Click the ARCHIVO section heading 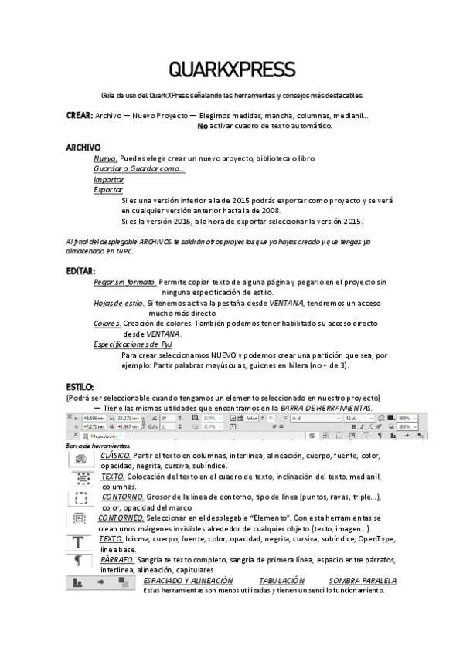pyautogui.click(x=83, y=147)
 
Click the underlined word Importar pyautogui.click(x=109, y=178)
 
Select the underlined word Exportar pyautogui.click(x=108, y=188)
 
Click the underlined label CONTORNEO pyautogui.click(x=121, y=518)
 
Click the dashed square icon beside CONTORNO pyautogui.click(x=80, y=500)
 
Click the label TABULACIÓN pyautogui.click(x=281, y=580)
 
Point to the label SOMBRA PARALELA pyautogui.click(x=363, y=580)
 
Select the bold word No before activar pyautogui.click(x=203, y=125)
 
